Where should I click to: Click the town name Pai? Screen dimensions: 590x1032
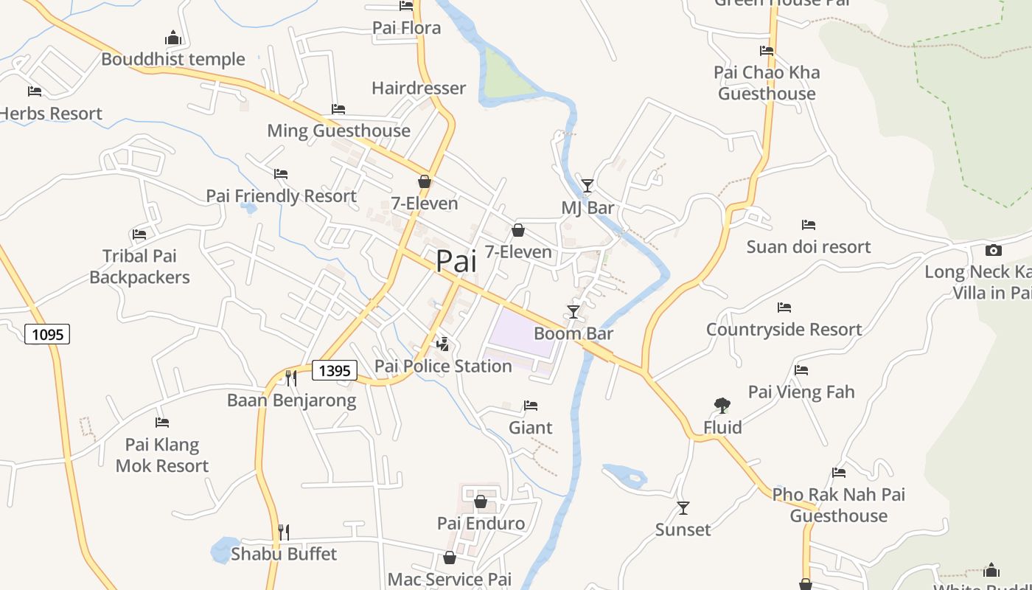point(456,261)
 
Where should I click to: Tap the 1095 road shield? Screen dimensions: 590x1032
point(48,334)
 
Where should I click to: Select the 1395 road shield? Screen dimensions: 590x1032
point(335,370)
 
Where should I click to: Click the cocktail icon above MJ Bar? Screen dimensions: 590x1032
point(587,185)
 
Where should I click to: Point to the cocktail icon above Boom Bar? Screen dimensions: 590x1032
point(573,311)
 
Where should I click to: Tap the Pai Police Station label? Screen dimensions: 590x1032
point(443,366)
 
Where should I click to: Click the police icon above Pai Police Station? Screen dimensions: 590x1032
point(443,344)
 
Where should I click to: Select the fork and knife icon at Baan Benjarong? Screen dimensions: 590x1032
point(291,378)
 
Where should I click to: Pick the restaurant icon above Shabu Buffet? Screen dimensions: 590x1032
point(283,532)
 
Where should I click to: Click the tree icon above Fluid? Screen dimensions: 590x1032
point(722,405)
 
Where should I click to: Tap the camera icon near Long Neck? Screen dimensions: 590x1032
point(993,250)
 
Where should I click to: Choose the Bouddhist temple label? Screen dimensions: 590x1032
point(173,59)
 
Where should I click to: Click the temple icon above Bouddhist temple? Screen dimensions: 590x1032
point(173,38)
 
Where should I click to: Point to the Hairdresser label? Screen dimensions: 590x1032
point(419,88)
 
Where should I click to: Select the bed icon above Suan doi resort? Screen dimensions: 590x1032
point(809,225)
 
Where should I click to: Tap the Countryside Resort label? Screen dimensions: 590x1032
point(784,330)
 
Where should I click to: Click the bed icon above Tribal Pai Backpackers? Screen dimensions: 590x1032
point(139,235)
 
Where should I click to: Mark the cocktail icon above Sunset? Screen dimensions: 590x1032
point(683,507)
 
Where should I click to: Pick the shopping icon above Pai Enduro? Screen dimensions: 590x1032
point(481,502)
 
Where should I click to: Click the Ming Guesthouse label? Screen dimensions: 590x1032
point(338,131)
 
